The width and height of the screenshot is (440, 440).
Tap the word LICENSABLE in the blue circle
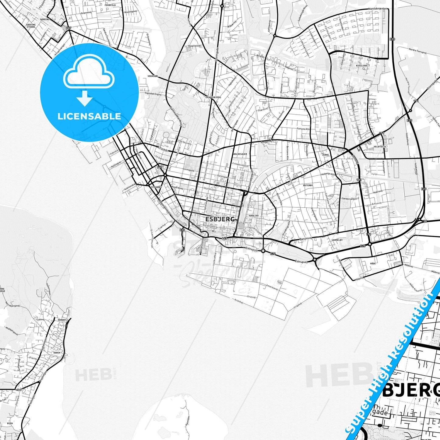click(89, 116)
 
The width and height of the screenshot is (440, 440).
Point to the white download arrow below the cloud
click(85, 99)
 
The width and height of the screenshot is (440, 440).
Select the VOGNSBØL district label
click(153, 76)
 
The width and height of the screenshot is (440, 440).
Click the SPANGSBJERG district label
click(213, 97)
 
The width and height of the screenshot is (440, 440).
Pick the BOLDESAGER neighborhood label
click(240, 154)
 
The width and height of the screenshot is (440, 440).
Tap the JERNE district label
click(326, 155)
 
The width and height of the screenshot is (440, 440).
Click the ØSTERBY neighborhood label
click(308, 185)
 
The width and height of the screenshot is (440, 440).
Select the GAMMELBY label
click(337, 240)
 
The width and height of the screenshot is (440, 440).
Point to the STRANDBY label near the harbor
click(156, 187)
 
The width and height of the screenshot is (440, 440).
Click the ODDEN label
click(57, 353)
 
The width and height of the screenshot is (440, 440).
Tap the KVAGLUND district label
click(361, 65)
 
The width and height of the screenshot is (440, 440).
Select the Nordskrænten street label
click(378, 9)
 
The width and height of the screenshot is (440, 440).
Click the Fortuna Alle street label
click(303, 129)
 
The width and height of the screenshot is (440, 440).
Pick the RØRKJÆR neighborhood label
click(254, 215)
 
